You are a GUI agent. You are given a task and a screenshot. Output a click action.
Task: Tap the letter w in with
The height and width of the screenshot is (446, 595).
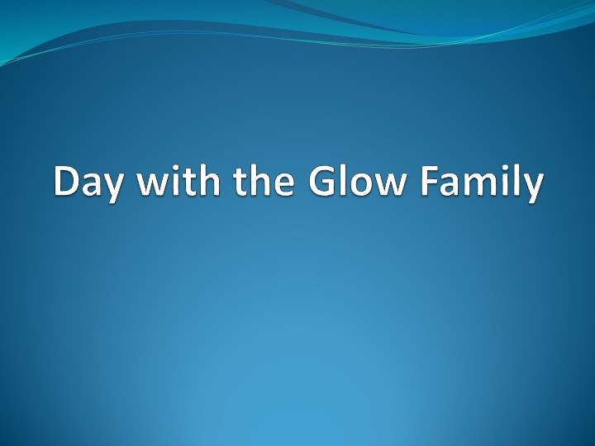click(x=152, y=185)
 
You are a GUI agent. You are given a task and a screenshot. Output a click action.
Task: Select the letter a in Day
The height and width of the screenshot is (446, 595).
click(x=93, y=185)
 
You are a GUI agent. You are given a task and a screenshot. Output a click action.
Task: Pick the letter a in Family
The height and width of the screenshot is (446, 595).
click(x=457, y=185)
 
